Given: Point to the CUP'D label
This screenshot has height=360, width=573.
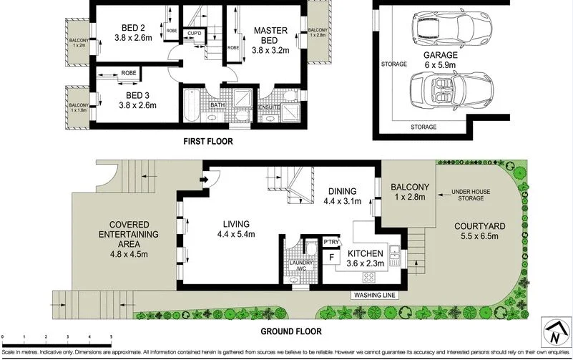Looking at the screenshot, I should pyautogui.click(x=193, y=34).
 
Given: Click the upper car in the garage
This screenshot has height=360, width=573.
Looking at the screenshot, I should pyautogui.click(x=441, y=29).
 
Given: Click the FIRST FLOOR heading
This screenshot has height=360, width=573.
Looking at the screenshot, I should pyautogui.click(x=207, y=142).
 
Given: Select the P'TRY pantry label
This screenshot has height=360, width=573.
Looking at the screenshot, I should pyautogui.click(x=330, y=242).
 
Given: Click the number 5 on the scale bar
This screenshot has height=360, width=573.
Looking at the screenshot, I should pyautogui.click(x=111, y=336).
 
